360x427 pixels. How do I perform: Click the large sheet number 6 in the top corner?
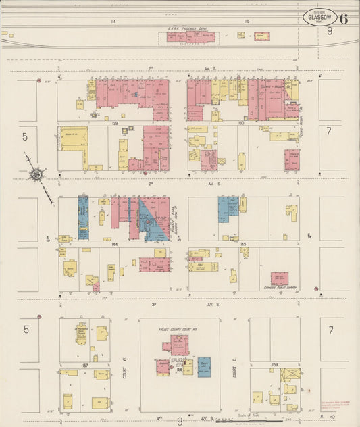[x=344, y=18]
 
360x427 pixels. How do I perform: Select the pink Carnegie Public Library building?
[x=279, y=278]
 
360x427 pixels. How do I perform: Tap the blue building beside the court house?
[x=204, y=366]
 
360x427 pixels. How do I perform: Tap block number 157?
[x=85, y=366]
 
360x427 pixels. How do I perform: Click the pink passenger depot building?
[x=192, y=37]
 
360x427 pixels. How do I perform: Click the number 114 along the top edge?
[x=113, y=22]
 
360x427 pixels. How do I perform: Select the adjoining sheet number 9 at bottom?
[x=179, y=421]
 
